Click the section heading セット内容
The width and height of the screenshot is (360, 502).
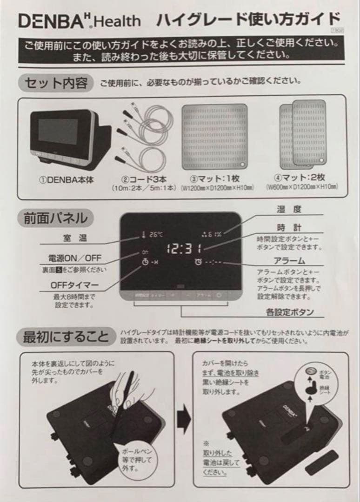click(55, 83)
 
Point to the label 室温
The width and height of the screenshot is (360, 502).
click(75, 238)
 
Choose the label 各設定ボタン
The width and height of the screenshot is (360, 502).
click(290, 312)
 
